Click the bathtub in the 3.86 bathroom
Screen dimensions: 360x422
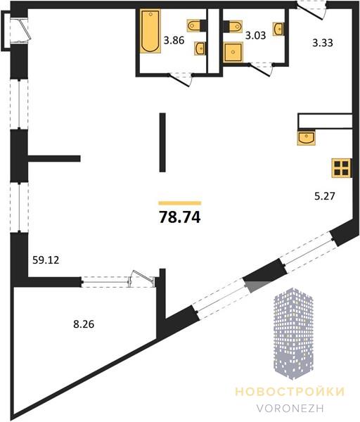point(150,31)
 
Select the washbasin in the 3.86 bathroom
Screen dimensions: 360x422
point(200,49)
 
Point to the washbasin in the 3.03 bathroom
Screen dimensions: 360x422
point(278,29)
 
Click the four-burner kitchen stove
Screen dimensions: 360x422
point(342,168)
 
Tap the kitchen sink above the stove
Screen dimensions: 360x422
point(307,137)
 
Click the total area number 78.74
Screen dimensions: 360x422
point(180,217)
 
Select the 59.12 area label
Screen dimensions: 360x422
point(46,260)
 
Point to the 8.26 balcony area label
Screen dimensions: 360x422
point(84,324)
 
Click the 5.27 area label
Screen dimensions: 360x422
point(325,196)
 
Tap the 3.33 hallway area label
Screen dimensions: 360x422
point(323,42)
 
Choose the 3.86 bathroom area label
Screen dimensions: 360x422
point(174,40)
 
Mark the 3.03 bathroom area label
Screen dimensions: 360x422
point(256,35)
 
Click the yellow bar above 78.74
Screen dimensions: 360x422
point(180,203)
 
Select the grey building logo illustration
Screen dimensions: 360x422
point(293,333)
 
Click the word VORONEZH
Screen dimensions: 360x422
point(290,408)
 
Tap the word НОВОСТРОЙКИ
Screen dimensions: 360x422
point(290,392)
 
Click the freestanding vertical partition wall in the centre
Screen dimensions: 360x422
point(162,142)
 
